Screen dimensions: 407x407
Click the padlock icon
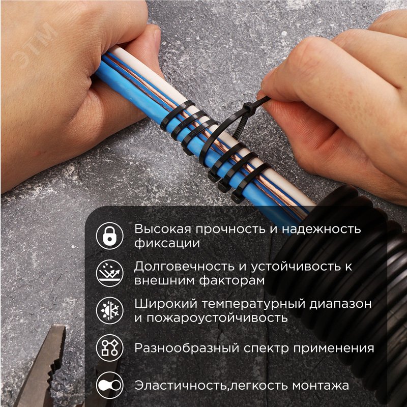[x=109, y=235]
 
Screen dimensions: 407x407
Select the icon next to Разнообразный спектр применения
[x=109, y=348]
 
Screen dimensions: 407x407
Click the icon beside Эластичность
[x=109, y=386]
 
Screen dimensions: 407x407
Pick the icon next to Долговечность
[x=109, y=273]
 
